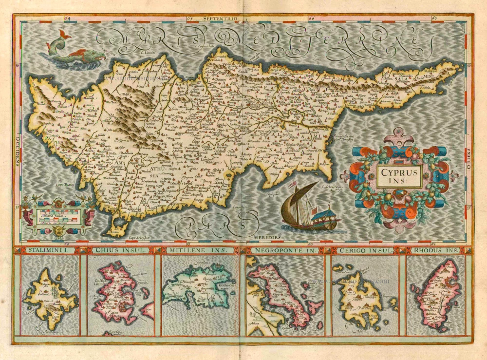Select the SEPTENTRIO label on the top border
tap(222, 19)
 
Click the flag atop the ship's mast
tap(293, 185)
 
